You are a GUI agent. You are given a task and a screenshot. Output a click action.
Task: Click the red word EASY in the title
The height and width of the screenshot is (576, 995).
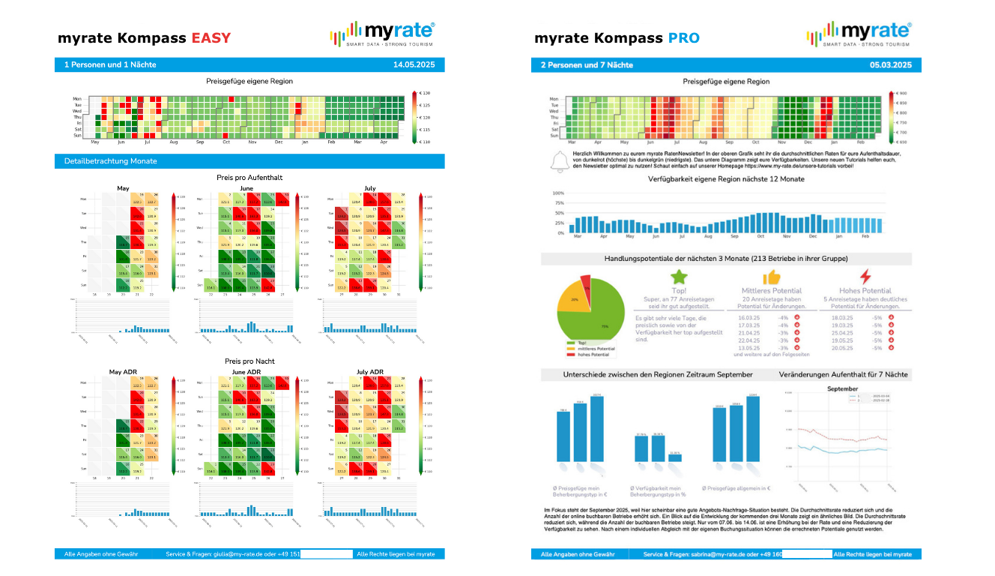(211, 38)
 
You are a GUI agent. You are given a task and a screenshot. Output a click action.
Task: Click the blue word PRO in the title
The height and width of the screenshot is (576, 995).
(684, 38)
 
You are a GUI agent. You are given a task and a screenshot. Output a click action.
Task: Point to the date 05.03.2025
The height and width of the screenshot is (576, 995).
(891, 65)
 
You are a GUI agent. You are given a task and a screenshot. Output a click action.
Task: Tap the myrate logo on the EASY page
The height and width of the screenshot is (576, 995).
(382, 34)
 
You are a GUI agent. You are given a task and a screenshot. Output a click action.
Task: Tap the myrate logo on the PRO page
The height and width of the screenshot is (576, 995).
(859, 34)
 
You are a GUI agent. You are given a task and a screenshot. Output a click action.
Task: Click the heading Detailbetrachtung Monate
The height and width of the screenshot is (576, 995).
(111, 161)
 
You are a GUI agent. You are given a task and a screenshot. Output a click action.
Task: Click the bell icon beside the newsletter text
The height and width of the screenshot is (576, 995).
(557, 161)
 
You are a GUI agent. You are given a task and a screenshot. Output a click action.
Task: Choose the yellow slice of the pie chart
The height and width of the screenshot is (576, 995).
(571, 295)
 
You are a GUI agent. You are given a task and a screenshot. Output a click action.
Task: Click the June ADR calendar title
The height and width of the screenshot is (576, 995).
(247, 372)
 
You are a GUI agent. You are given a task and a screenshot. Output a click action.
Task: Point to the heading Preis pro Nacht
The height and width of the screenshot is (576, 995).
(249, 361)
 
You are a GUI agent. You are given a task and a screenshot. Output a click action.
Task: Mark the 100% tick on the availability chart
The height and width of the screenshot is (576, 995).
(558, 193)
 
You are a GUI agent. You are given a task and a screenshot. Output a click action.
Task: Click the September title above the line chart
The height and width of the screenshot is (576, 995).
(842, 389)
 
